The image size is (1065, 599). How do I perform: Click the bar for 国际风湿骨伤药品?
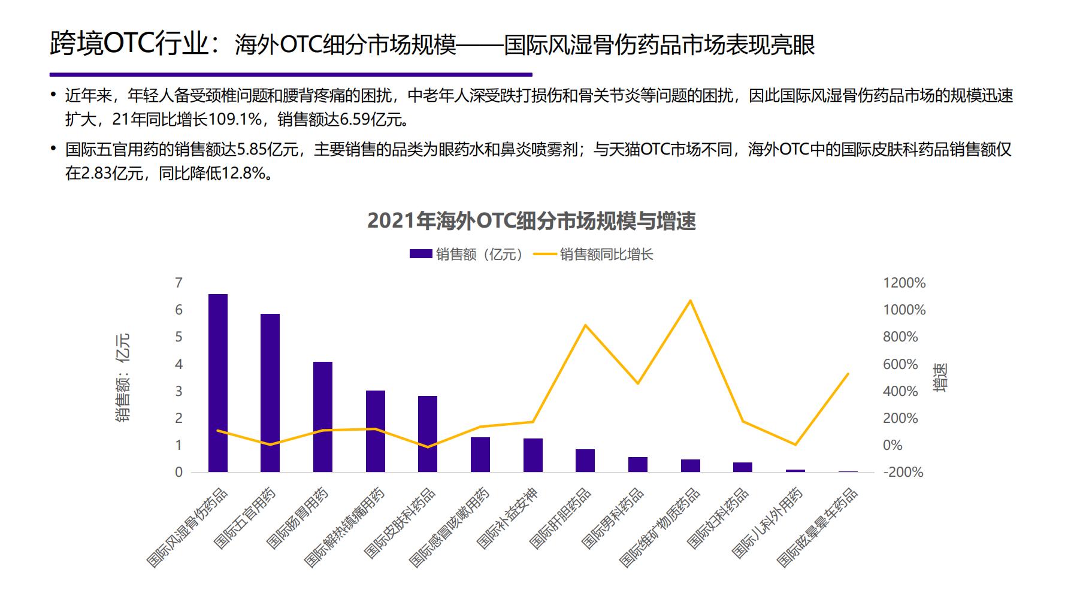(x=218, y=383)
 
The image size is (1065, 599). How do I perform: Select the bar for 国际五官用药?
(x=270, y=393)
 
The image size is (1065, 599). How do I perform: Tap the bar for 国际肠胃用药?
(x=323, y=417)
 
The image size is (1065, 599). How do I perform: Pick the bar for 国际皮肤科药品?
(x=428, y=434)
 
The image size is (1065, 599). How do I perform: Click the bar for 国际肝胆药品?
(x=585, y=461)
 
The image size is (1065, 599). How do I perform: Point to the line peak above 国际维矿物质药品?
(x=691, y=301)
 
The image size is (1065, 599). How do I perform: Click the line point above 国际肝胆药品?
(x=585, y=325)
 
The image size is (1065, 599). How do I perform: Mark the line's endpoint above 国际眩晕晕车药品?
(x=848, y=374)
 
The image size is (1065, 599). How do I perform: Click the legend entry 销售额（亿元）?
(x=467, y=255)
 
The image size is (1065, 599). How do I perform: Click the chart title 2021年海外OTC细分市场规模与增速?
(x=531, y=221)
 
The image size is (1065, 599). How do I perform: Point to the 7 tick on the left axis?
(x=178, y=283)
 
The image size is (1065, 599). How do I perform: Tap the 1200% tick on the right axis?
(x=904, y=283)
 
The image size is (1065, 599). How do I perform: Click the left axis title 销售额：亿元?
(x=123, y=377)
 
